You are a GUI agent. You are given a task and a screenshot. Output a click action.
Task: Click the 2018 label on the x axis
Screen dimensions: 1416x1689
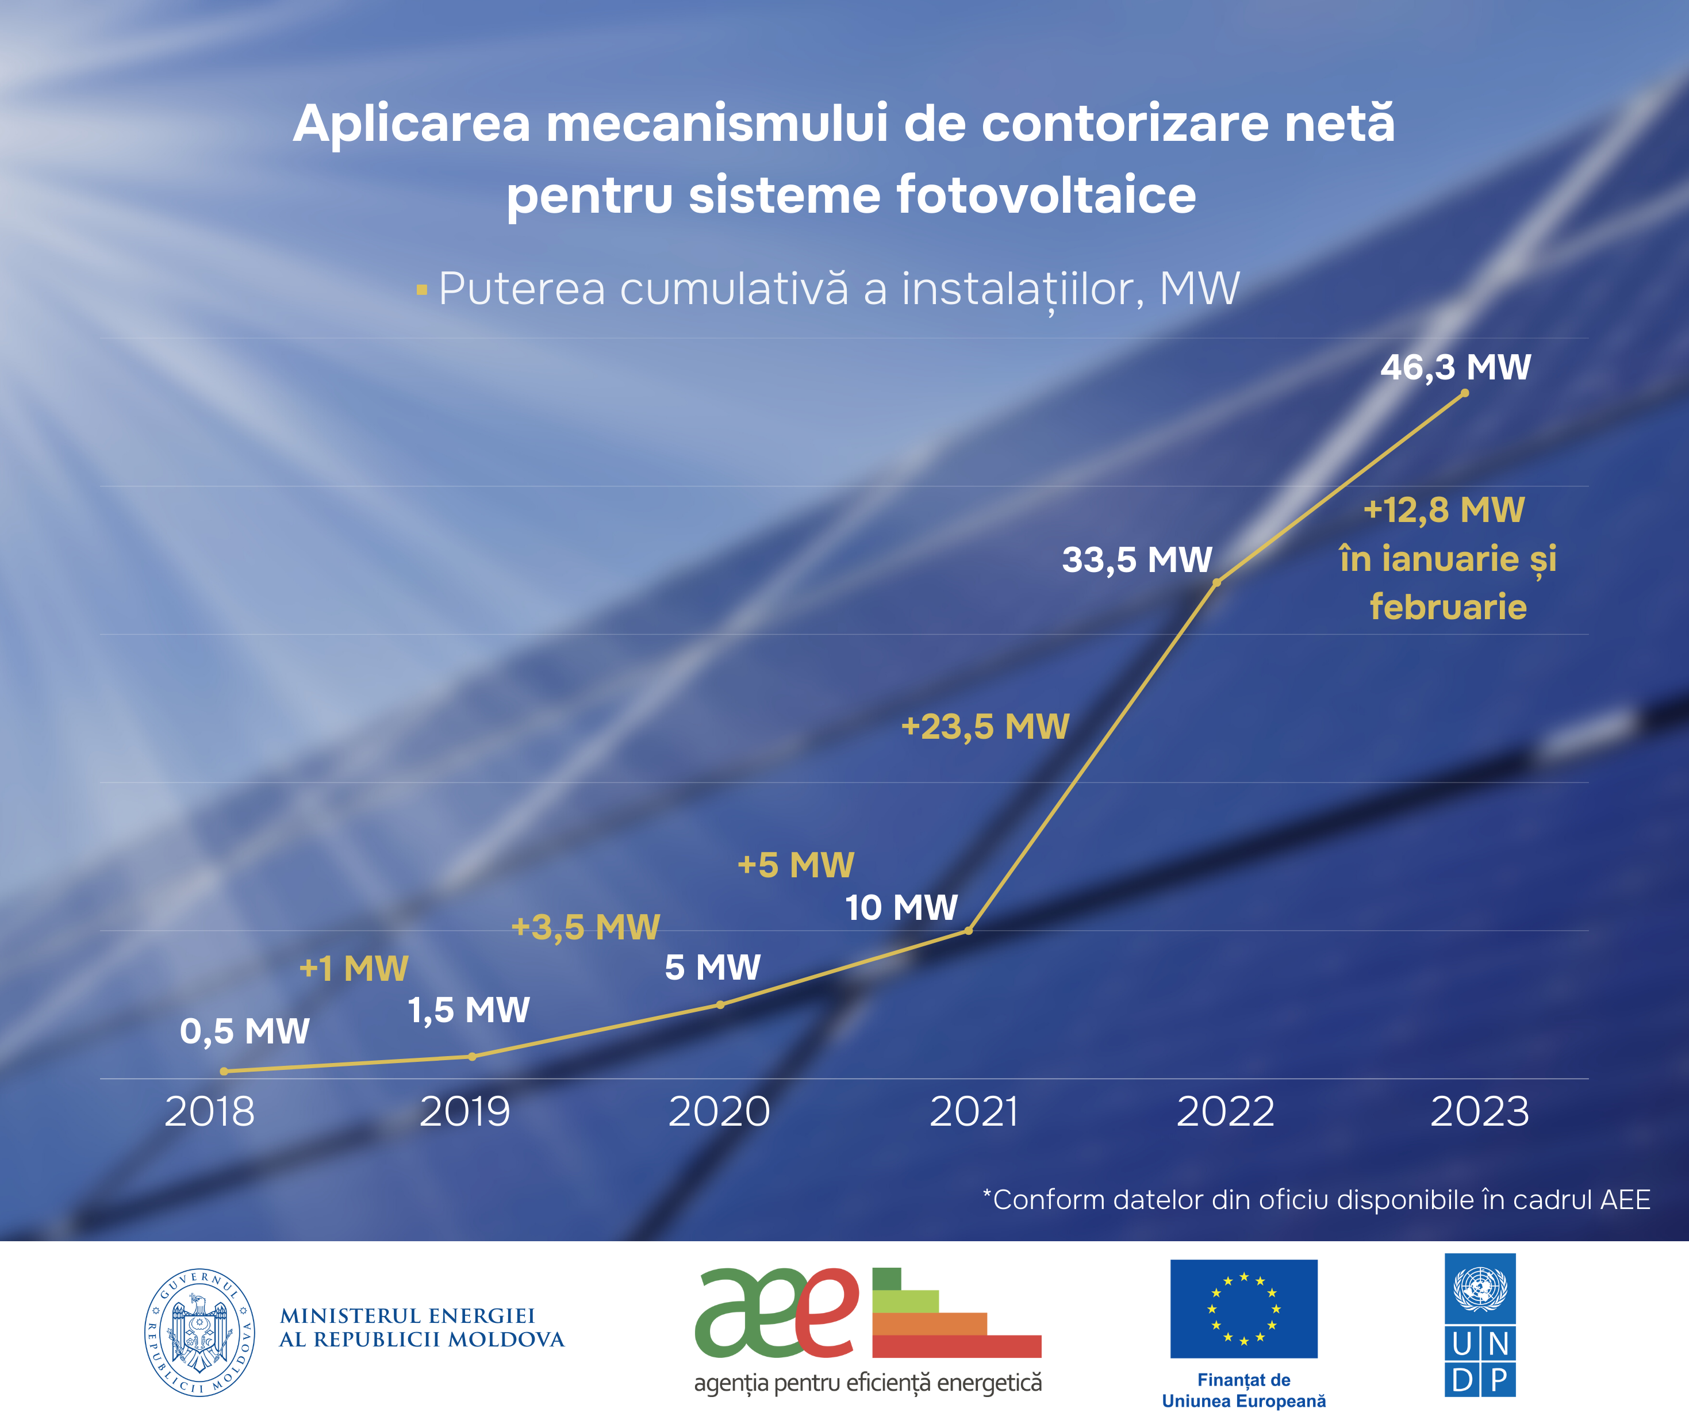pyautogui.click(x=210, y=1111)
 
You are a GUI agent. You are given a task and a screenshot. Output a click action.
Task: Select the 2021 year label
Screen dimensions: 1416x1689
pyautogui.click(x=974, y=1111)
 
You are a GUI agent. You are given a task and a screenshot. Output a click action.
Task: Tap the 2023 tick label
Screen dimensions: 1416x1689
pyautogui.click(x=1479, y=1111)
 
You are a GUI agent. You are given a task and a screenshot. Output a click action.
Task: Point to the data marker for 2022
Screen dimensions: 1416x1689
pyautogui.click(x=1217, y=582)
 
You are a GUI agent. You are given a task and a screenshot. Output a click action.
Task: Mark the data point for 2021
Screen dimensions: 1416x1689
pyautogui.click(x=968, y=931)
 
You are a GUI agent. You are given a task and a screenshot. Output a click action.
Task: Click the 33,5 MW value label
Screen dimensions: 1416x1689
pyautogui.click(x=1137, y=560)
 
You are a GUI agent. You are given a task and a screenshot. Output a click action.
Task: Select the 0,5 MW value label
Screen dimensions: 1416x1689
pyautogui.click(x=244, y=1031)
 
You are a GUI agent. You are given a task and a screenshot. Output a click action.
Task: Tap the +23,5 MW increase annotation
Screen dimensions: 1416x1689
pyautogui.click(x=985, y=727)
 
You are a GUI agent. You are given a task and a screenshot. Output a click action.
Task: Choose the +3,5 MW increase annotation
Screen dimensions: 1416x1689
pyautogui.click(x=586, y=927)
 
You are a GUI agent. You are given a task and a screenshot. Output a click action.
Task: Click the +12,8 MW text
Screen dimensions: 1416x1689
pyautogui.click(x=1444, y=510)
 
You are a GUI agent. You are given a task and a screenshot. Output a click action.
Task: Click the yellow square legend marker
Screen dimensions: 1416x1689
pyautogui.click(x=421, y=290)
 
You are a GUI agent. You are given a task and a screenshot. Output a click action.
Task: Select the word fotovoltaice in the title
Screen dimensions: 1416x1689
pyautogui.click(x=1046, y=195)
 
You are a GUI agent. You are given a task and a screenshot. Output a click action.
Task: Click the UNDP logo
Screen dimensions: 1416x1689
pyautogui.click(x=1480, y=1324)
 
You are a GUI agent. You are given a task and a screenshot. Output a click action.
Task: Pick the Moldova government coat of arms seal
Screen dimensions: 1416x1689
pyautogui.click(x=199, y=1332)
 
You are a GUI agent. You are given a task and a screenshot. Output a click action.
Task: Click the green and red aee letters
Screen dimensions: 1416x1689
pyautogui.click(x=777, y=1311)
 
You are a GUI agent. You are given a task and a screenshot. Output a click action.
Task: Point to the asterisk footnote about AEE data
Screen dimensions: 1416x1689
pyautogui.click(x=1316, y=1200)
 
